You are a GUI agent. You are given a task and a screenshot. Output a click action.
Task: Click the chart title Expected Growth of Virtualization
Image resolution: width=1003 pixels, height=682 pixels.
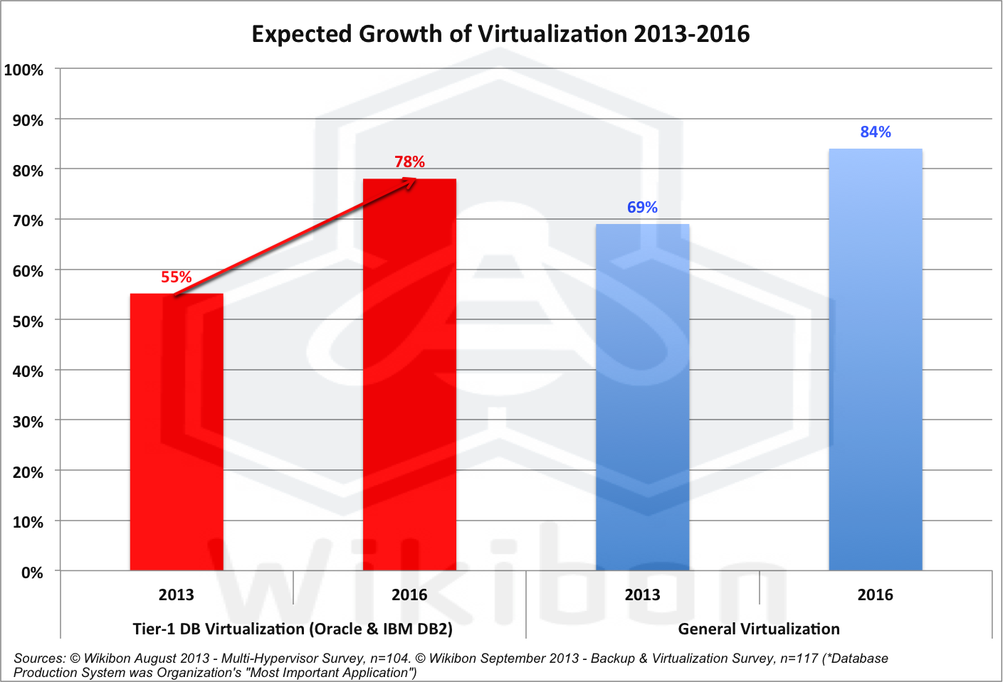(x=500, y=34)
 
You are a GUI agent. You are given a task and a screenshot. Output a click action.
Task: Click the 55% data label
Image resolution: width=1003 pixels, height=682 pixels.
(x=177, y=277)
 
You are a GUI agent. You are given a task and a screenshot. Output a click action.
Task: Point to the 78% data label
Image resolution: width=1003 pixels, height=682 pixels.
(x=409, y=162)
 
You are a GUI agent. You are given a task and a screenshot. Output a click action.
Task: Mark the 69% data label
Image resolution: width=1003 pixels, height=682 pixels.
(x=642, y=208)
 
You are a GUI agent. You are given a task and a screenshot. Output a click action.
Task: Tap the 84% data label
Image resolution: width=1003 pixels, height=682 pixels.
(x=875, y=132)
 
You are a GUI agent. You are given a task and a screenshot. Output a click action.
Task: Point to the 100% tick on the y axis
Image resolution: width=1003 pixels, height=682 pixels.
(x=24, y=70)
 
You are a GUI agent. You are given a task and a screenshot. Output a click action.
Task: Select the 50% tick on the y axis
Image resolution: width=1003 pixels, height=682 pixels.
(x=28, y=321)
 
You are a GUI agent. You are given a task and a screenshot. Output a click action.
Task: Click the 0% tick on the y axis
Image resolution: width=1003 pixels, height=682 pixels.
(x=32, y=572)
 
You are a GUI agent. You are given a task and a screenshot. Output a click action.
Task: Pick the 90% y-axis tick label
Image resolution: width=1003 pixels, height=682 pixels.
(x=28, y=120)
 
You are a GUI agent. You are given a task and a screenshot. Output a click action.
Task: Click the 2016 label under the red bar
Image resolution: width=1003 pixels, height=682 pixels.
(x=409, y=595)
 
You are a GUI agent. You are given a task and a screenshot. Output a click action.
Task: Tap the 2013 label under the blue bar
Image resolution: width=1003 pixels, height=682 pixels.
(x=642, y=595)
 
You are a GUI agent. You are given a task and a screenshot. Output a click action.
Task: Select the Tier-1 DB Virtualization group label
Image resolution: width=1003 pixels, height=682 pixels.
(x=293, y=629)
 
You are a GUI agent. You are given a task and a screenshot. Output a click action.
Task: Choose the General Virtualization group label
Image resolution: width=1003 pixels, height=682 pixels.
(x=759, y=629)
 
